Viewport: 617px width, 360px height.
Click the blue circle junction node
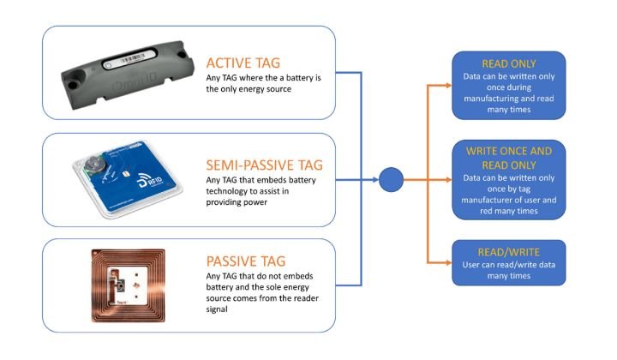click(x=391, y=180)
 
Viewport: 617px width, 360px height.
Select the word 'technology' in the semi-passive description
click(x=231, y=192)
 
